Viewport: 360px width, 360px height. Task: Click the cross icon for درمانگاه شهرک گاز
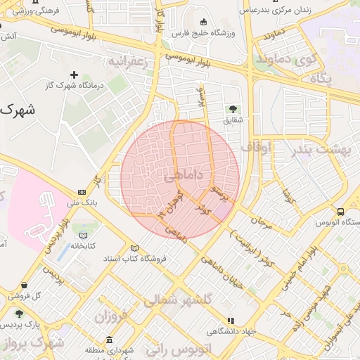click(x=75, y=75)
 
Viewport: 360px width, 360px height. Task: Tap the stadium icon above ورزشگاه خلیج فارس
click(x=204, y=22)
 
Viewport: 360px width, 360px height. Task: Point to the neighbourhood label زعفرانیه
click(x=129, y=62)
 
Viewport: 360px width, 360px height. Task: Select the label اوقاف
click(x=256, y=147)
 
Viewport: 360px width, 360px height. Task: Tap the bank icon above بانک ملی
click(x=82, y=192)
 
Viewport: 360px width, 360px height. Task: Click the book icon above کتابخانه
click(x=84, y=235)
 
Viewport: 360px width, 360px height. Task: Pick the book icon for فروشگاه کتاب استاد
click(x=134, y=248)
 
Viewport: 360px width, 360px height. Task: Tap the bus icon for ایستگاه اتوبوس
click(x=341, y=212)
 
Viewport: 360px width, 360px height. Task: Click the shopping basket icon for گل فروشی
click(x=25, y=285)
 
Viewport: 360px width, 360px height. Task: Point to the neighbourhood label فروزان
click(x=112, y=316)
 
